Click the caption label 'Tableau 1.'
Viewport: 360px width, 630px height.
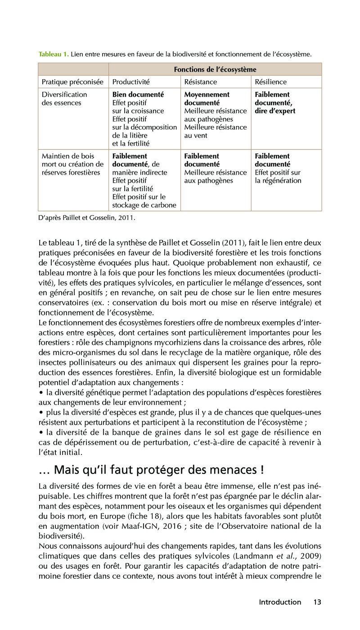[54, 54]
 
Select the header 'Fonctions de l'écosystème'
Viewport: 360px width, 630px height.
[215, 69]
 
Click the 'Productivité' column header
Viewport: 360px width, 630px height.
[131, 82]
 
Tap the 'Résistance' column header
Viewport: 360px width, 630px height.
[201, 82]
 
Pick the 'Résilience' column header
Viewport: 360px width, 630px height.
[270, 82]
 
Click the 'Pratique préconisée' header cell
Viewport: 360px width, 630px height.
[72, 82]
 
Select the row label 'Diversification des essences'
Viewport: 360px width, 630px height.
[64, 99]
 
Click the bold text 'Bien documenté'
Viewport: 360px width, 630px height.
[138, 94]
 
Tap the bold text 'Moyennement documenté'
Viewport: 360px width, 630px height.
[207, 99]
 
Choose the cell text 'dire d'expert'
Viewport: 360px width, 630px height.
[275, 111]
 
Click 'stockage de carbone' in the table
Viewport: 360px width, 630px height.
[144, 205]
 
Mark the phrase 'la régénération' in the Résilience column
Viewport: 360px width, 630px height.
[278, 180]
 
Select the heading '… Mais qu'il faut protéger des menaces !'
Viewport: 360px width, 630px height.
[151, 470]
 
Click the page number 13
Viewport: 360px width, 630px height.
[317, 602]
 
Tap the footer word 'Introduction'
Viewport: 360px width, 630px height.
[280, 602]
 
